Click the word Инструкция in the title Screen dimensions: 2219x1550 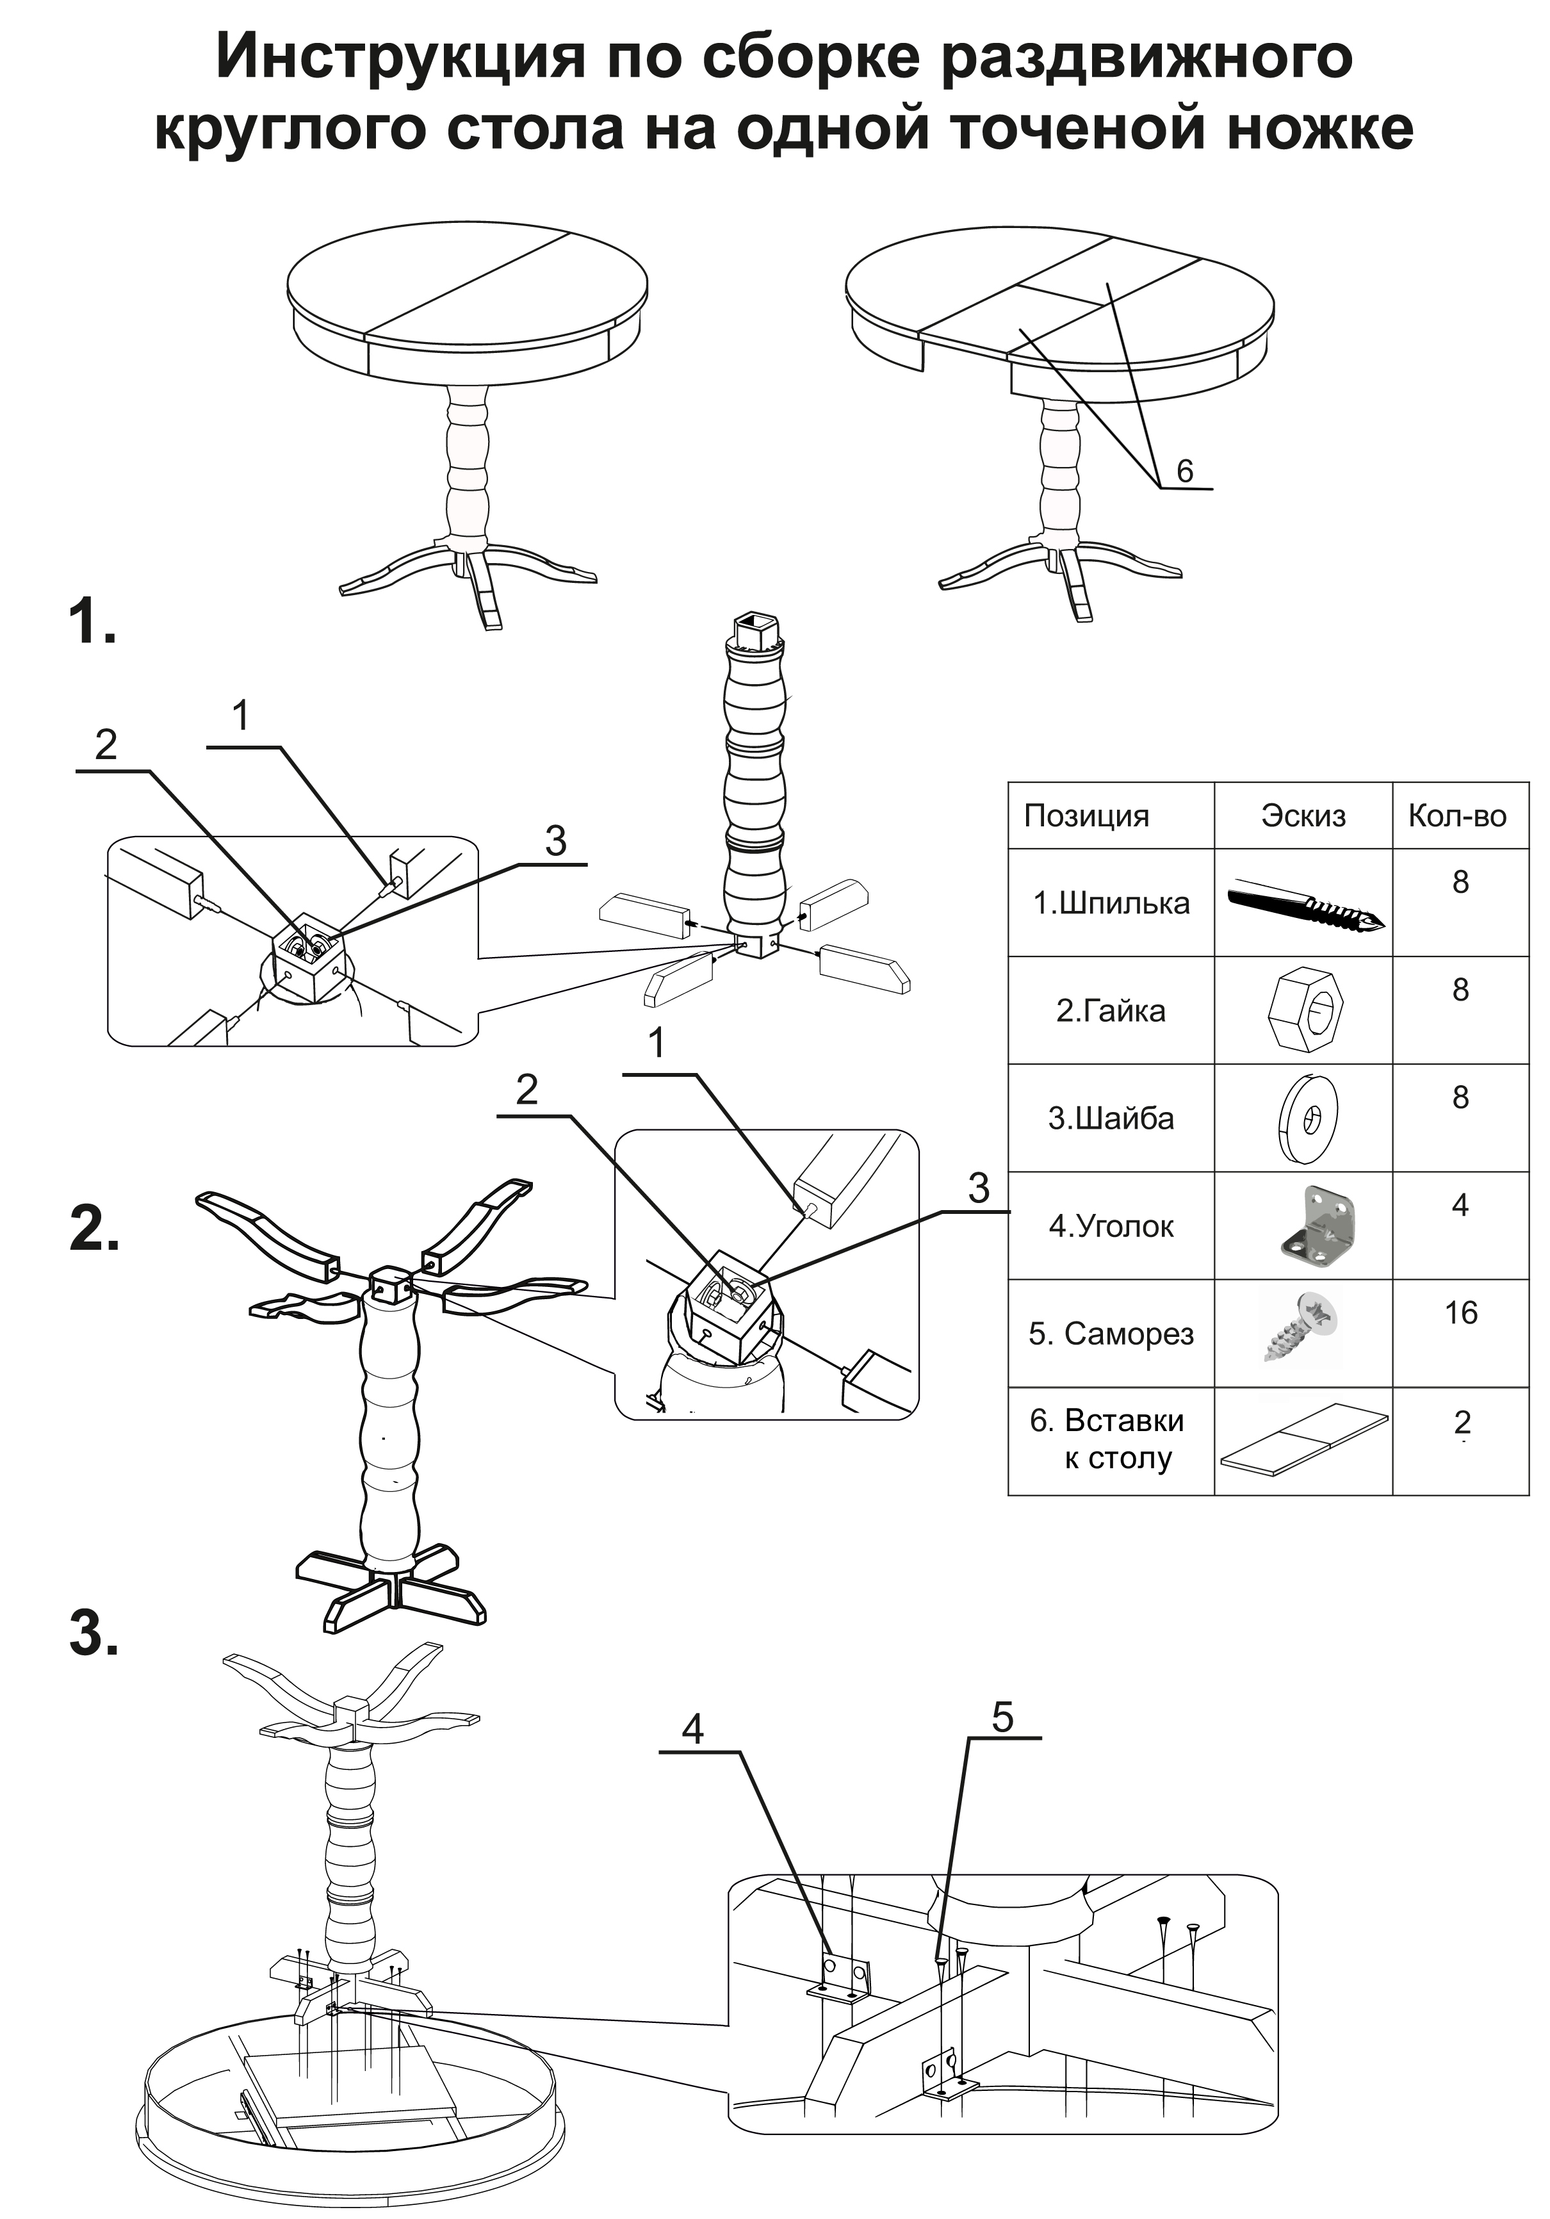click(399, 58)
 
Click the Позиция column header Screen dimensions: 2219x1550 click(1086, 815)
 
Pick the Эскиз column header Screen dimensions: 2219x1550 click(1303, 815)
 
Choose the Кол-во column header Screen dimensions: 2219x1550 click(1457, 815)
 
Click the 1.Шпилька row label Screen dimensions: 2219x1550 click(1111, 903)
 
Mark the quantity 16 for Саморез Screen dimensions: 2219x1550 click(1460, 1313)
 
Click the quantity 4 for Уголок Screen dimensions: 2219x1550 click(1460, 1205)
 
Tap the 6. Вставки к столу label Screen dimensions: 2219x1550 click(1109, 1439)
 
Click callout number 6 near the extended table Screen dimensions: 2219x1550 click(1185, 471)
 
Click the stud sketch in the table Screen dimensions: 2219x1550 click(1305, 904)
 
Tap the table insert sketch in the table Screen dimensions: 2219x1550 click(1303, 1437)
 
